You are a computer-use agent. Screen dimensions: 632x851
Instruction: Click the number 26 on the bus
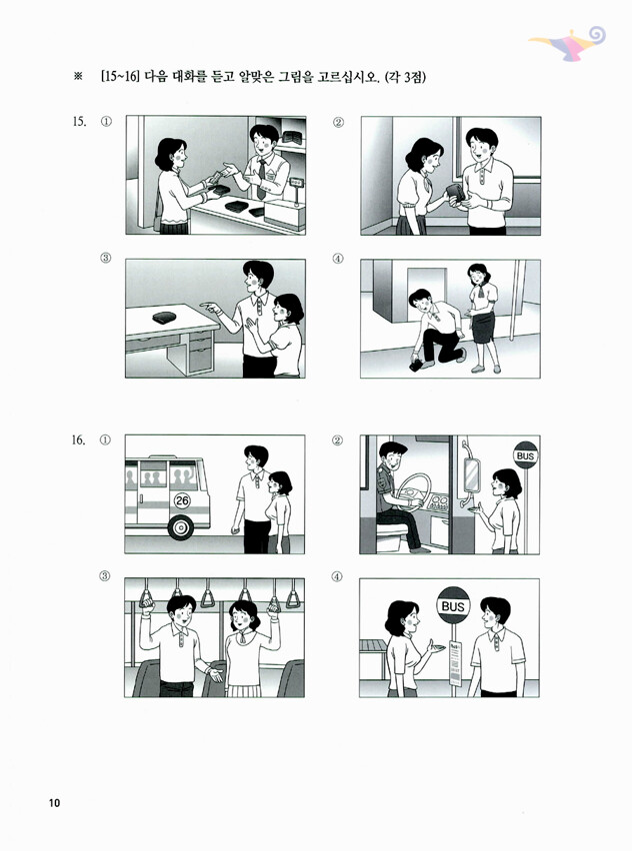pyautogui.click(x=182, y=499)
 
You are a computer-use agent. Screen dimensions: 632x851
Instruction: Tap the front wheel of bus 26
pyautogui.click(x=179, y=527)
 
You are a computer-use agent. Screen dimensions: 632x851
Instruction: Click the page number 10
pyautogui.click(x=54, y=803)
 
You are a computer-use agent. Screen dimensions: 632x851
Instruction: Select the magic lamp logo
pyautogui.click(x=568, y=42)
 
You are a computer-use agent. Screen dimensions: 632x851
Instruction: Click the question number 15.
pyautogui.click(x=79, y=121)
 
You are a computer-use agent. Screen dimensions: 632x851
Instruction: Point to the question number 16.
pyautogui.click(x=79, y=439)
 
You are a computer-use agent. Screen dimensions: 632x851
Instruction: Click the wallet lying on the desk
pyautogui.click(x=164, y=317)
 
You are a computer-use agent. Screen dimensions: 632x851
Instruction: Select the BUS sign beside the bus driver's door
pyautogui.click(x=525, y=455)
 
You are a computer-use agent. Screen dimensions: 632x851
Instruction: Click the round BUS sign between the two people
pyautogui.click(x=453, y=605)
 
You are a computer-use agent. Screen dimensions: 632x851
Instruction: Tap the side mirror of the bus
pyautogui.click(x=471, y=474)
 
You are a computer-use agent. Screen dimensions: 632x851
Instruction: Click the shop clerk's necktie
pyautogui.click(x=262, y=179)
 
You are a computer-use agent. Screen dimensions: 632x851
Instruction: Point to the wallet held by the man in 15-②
pyautogui.click(x=455, y=194)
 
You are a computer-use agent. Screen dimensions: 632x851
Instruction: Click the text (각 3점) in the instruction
pyautogui.click(x=405, y=77)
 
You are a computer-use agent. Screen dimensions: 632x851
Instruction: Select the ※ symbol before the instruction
pyautogui.click(x=78, y=77)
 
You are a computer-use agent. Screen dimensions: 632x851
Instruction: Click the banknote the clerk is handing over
pyautogui.click(x=216, y=177)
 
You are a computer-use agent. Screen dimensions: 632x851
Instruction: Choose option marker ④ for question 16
pyautogui.click(x=337, y=576)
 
